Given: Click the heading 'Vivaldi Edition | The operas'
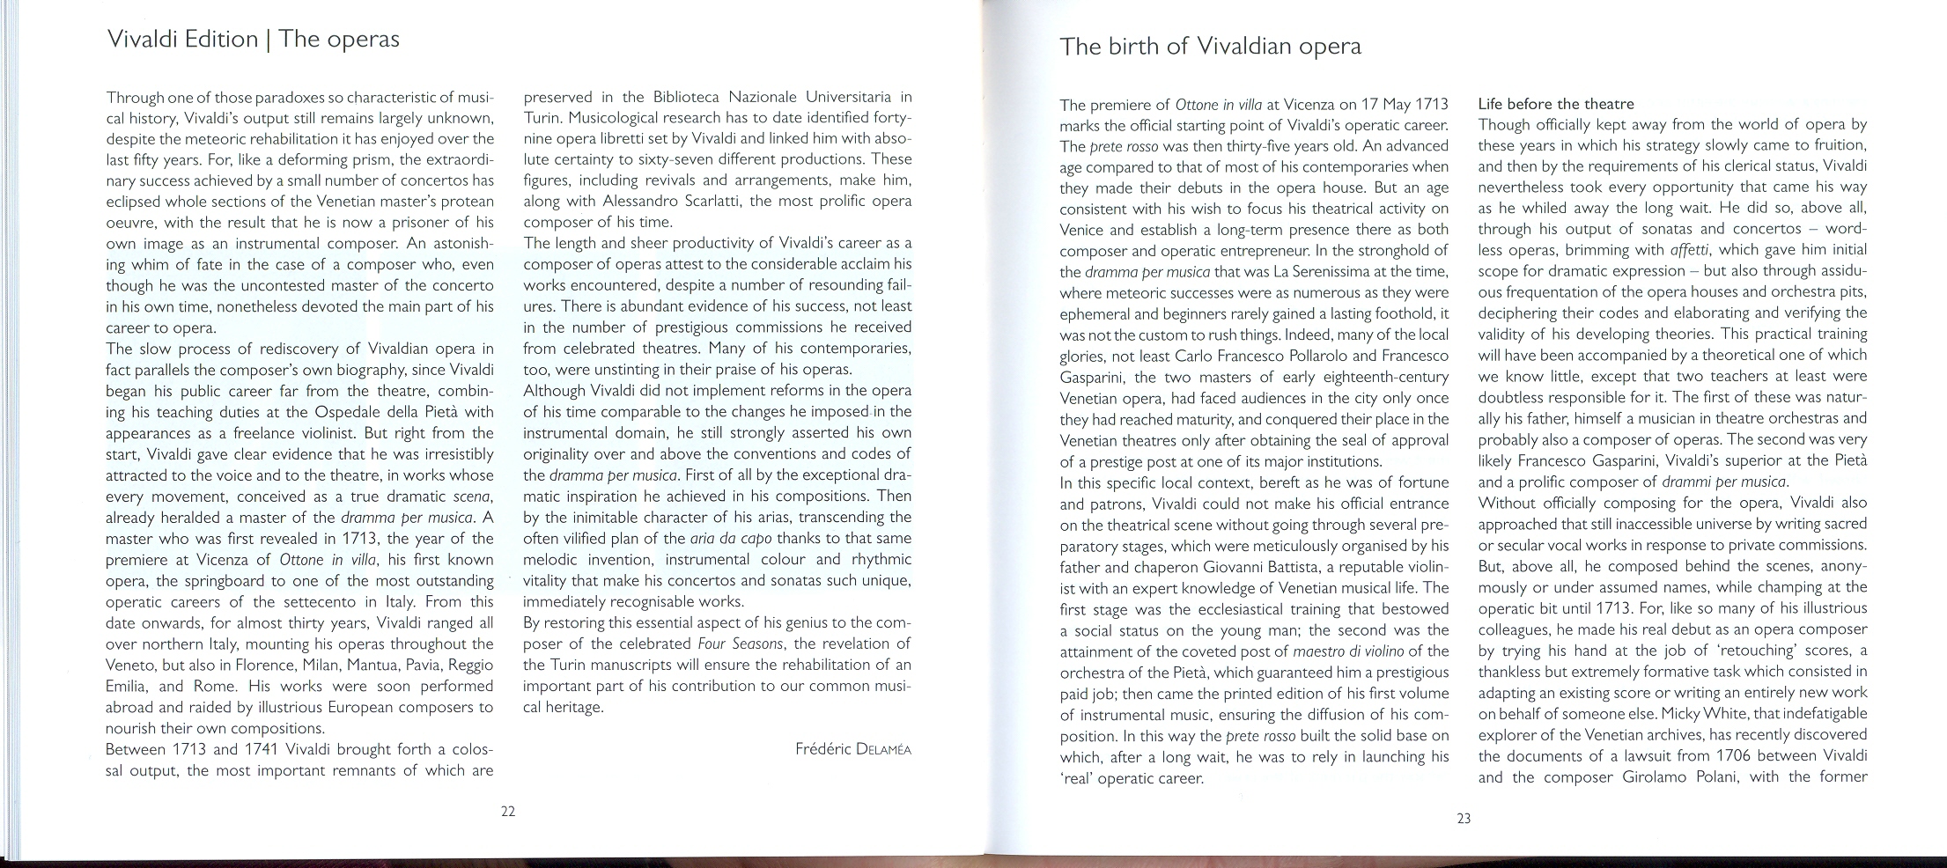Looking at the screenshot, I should pos(252,40).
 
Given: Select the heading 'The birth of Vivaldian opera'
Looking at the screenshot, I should pos(1210,47).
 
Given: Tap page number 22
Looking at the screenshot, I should pos(508,812).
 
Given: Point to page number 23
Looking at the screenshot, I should pos(1464,819).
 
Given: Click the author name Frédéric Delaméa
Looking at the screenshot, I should pos(853,750).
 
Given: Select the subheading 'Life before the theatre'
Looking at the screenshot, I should pos(1556,104).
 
